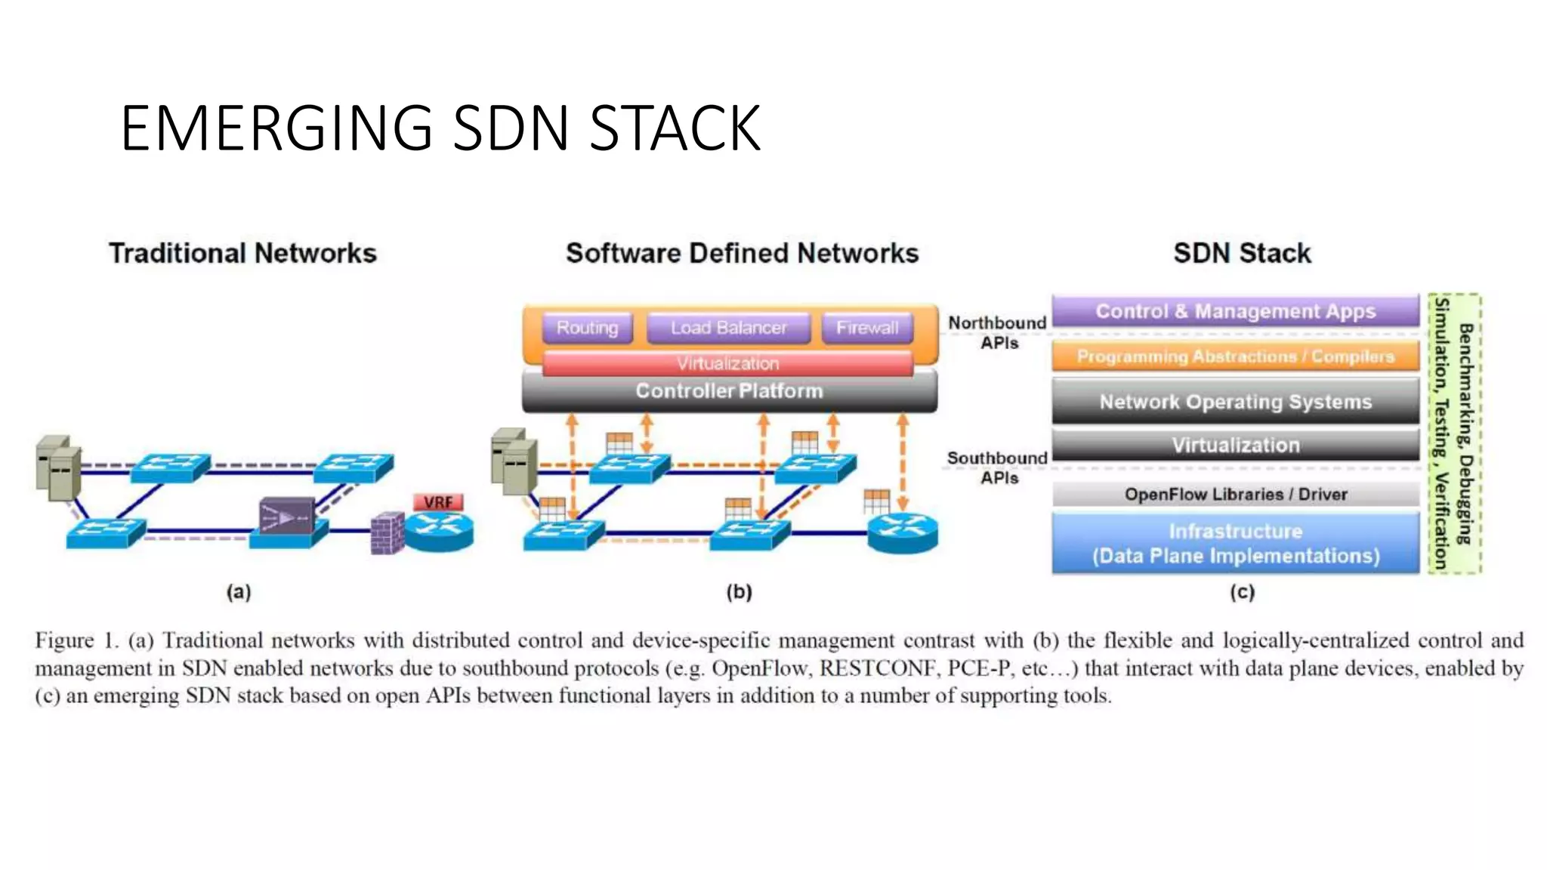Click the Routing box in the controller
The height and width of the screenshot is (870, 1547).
point(587,328)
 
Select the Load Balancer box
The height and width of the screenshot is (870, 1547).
point(728,328)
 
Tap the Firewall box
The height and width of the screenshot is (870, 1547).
point(867,328)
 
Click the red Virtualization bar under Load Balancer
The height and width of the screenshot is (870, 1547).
point(727,363)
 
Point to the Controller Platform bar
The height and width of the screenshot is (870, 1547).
point(729,391)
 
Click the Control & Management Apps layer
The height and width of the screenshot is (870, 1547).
point(1235,311)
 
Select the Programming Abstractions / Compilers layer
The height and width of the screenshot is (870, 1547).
point(1235,356)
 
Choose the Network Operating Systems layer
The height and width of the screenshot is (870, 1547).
point(1235,402)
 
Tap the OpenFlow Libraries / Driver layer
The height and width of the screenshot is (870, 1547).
point(1235,495)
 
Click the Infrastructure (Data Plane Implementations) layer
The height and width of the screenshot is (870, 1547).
point(1235,544)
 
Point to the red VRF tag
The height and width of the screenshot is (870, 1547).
point(438,502)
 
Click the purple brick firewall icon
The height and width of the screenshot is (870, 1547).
point(388,533)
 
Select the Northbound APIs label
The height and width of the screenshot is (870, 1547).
point(998,332)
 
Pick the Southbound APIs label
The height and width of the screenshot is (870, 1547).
point(998,467)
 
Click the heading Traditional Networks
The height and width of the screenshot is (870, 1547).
point(242,253)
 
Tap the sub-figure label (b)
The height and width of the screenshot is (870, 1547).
point(739,592)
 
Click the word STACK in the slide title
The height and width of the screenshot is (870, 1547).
point(675,128)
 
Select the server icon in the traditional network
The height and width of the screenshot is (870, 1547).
point(59,468)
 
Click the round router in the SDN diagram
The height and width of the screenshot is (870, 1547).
point(903,532)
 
